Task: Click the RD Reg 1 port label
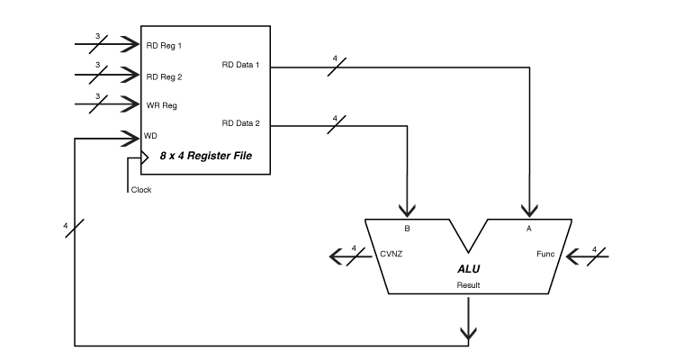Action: [164, 46]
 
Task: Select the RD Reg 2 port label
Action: [164, 77]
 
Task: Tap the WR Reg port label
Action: [161, 105]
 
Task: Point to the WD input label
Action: [150, 136]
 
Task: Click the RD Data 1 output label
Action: [240, 65]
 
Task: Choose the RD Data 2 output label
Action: [240, 123]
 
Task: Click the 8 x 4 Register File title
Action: [206, 156]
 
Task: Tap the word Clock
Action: [141, 190]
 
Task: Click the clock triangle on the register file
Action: [145, 158]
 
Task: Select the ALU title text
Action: [468, 269]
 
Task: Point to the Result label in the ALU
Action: [468, 285]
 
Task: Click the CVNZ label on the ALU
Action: [391, 254]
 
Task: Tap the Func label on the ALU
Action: [545, 254]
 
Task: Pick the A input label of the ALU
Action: [529, 229]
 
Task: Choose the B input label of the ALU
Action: [407, 229]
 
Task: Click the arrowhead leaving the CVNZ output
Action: [336, 256]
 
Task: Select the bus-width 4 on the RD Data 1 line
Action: [335, 58]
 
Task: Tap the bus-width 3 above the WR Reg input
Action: [98, 96]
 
